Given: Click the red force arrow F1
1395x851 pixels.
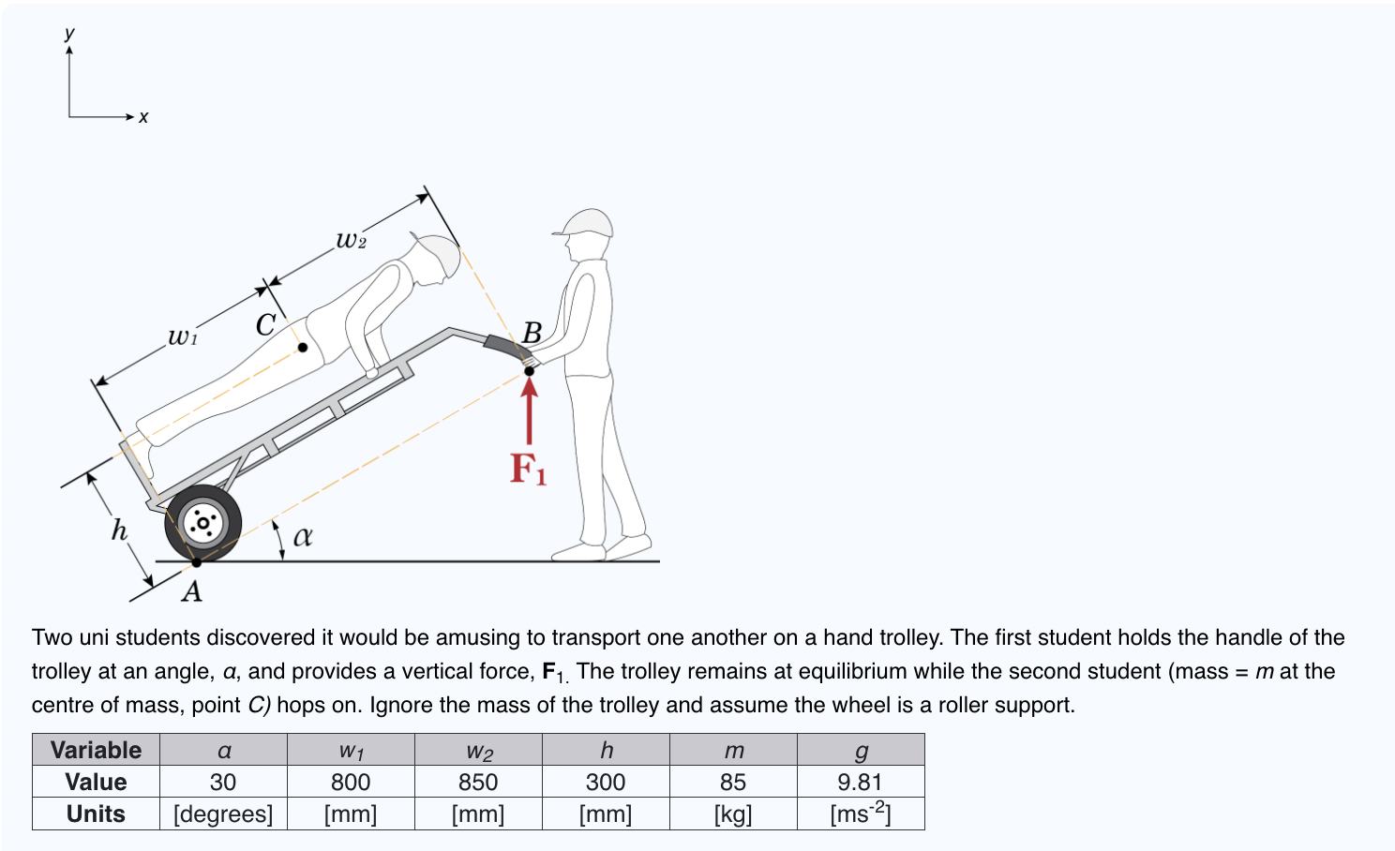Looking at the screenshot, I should coord(530,412).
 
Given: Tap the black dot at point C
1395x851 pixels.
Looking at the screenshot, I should coord(303,348).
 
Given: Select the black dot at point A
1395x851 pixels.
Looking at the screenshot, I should coord(197,562).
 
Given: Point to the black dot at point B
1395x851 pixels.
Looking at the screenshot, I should coord(530,371).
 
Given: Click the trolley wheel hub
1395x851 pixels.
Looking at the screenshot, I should coord(202,522).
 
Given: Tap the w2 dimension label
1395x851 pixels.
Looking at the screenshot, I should coord(351,240).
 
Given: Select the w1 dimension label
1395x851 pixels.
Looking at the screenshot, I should coord(183,336).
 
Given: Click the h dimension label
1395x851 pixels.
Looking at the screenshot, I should coord(119,530).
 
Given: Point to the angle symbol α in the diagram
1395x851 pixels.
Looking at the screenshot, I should coord(303,536).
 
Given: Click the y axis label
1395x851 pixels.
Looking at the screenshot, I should coord(69,33).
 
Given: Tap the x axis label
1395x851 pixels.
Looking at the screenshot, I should coord(143,117).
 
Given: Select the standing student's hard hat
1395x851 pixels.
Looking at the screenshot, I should coord(585,223).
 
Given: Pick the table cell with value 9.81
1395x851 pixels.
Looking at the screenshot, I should coord(861,782).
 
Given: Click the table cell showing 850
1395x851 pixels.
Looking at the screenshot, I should coord(478,782).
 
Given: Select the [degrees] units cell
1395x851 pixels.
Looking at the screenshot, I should coord(223,814).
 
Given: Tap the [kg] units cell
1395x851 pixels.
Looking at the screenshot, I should coord(733,814).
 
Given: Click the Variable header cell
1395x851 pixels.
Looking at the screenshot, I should coord(96,750).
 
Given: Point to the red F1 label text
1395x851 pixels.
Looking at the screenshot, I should coord(528,469).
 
